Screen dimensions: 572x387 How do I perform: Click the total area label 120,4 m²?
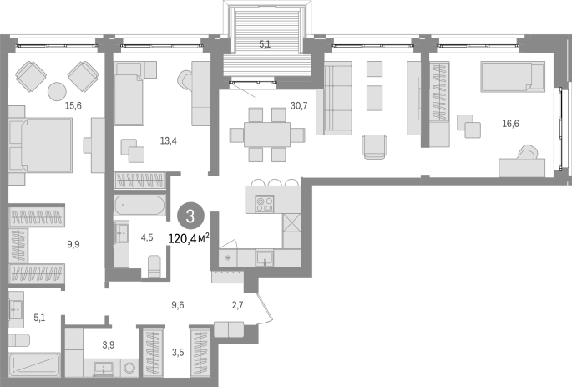[x=189, y=239]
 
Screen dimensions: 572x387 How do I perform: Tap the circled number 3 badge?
[x=190, y=216]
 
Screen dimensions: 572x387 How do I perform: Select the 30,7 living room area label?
[x=299, y=106]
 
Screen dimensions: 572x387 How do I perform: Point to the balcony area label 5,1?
[x=265, y=44]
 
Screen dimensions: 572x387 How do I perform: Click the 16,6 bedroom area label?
[x=510, y=124]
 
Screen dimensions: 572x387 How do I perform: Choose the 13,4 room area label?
[x=169, y=140]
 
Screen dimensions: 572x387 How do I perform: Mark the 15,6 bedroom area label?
[x=73, y=106]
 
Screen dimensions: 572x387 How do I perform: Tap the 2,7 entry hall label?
[x=237, y=305]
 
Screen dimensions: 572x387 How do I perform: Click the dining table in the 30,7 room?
[x=267, y=135]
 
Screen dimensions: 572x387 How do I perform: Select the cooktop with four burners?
[x=265, y=204]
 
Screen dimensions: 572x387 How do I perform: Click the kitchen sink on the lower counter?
[x=265, y=257]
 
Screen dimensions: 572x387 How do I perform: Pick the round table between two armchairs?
[x=58, y=91]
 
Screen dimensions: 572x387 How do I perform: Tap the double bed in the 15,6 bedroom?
[x=40, y=145]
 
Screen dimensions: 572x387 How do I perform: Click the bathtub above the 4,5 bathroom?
[x=139, y=206]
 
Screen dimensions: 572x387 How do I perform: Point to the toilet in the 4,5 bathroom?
[x=154, y=266]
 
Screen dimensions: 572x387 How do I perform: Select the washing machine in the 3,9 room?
[x=129, y=368]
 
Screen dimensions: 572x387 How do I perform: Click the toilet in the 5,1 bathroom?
[x=19, y=341]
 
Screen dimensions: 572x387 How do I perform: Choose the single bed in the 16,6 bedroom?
[x=513, y=77]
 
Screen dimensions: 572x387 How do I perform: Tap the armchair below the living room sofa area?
[x=374, y=147]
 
